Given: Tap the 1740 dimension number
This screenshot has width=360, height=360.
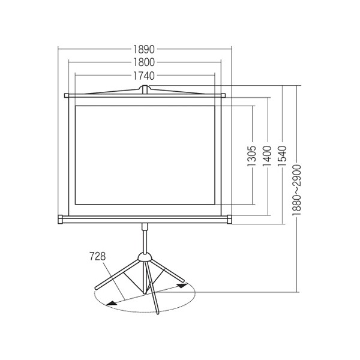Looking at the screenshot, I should tap(145, 76).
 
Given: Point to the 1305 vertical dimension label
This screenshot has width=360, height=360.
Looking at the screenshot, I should tap(253, 157).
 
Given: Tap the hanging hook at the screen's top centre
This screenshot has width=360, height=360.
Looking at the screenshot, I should tap(145, 89).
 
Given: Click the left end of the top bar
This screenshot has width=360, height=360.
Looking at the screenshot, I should tap(67, 95).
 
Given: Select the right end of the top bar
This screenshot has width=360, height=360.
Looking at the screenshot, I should tap(223, 95).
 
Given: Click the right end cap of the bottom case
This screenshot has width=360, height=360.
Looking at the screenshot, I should tap(229, 219).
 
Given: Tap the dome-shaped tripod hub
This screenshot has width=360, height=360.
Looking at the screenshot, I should tap(144, 257).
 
